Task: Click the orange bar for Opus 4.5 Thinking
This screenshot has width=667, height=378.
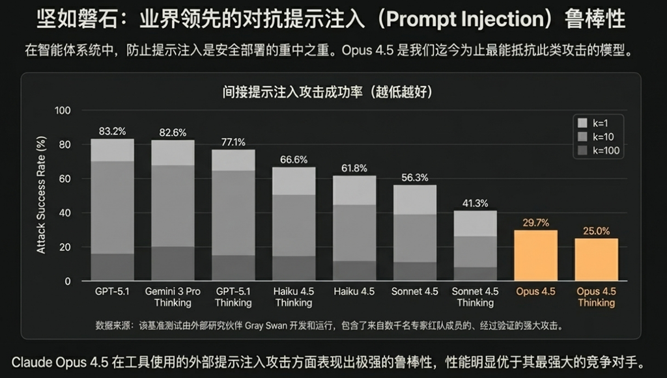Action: [597, 260]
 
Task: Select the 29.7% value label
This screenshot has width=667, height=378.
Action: [536, 223]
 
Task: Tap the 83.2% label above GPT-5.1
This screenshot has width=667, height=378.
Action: [112, 131]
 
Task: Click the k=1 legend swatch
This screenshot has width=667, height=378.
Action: [582, 122]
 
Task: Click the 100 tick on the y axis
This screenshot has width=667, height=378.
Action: [62, 110]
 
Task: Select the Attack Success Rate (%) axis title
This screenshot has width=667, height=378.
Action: [42, 195]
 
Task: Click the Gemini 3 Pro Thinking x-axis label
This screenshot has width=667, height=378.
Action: [173, 297]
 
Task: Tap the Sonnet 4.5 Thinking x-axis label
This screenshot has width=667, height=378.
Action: [475, 297]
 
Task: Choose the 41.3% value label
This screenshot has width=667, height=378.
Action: [475, 203]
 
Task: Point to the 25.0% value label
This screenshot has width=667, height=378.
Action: [597, 230]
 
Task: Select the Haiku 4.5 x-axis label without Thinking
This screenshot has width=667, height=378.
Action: [354, 291]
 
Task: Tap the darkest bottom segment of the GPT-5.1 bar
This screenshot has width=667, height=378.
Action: [112, 267]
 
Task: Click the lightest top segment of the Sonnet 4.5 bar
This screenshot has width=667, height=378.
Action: [415, 200]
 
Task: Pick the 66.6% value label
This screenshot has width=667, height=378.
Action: [294, 159]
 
